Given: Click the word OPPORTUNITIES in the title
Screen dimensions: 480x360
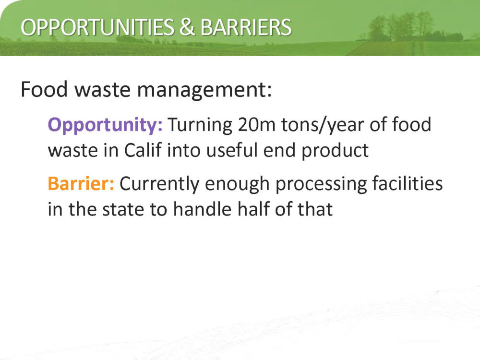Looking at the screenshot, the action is (97, 27).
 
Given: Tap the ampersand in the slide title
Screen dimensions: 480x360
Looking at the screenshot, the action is (187, 27).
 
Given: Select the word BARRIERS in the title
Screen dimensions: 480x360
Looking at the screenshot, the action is (246, 27).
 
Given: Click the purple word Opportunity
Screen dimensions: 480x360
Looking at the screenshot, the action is (105, 125).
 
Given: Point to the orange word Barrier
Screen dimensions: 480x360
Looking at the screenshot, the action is (81, 183).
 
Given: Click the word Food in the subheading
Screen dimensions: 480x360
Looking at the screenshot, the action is (44, 89).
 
